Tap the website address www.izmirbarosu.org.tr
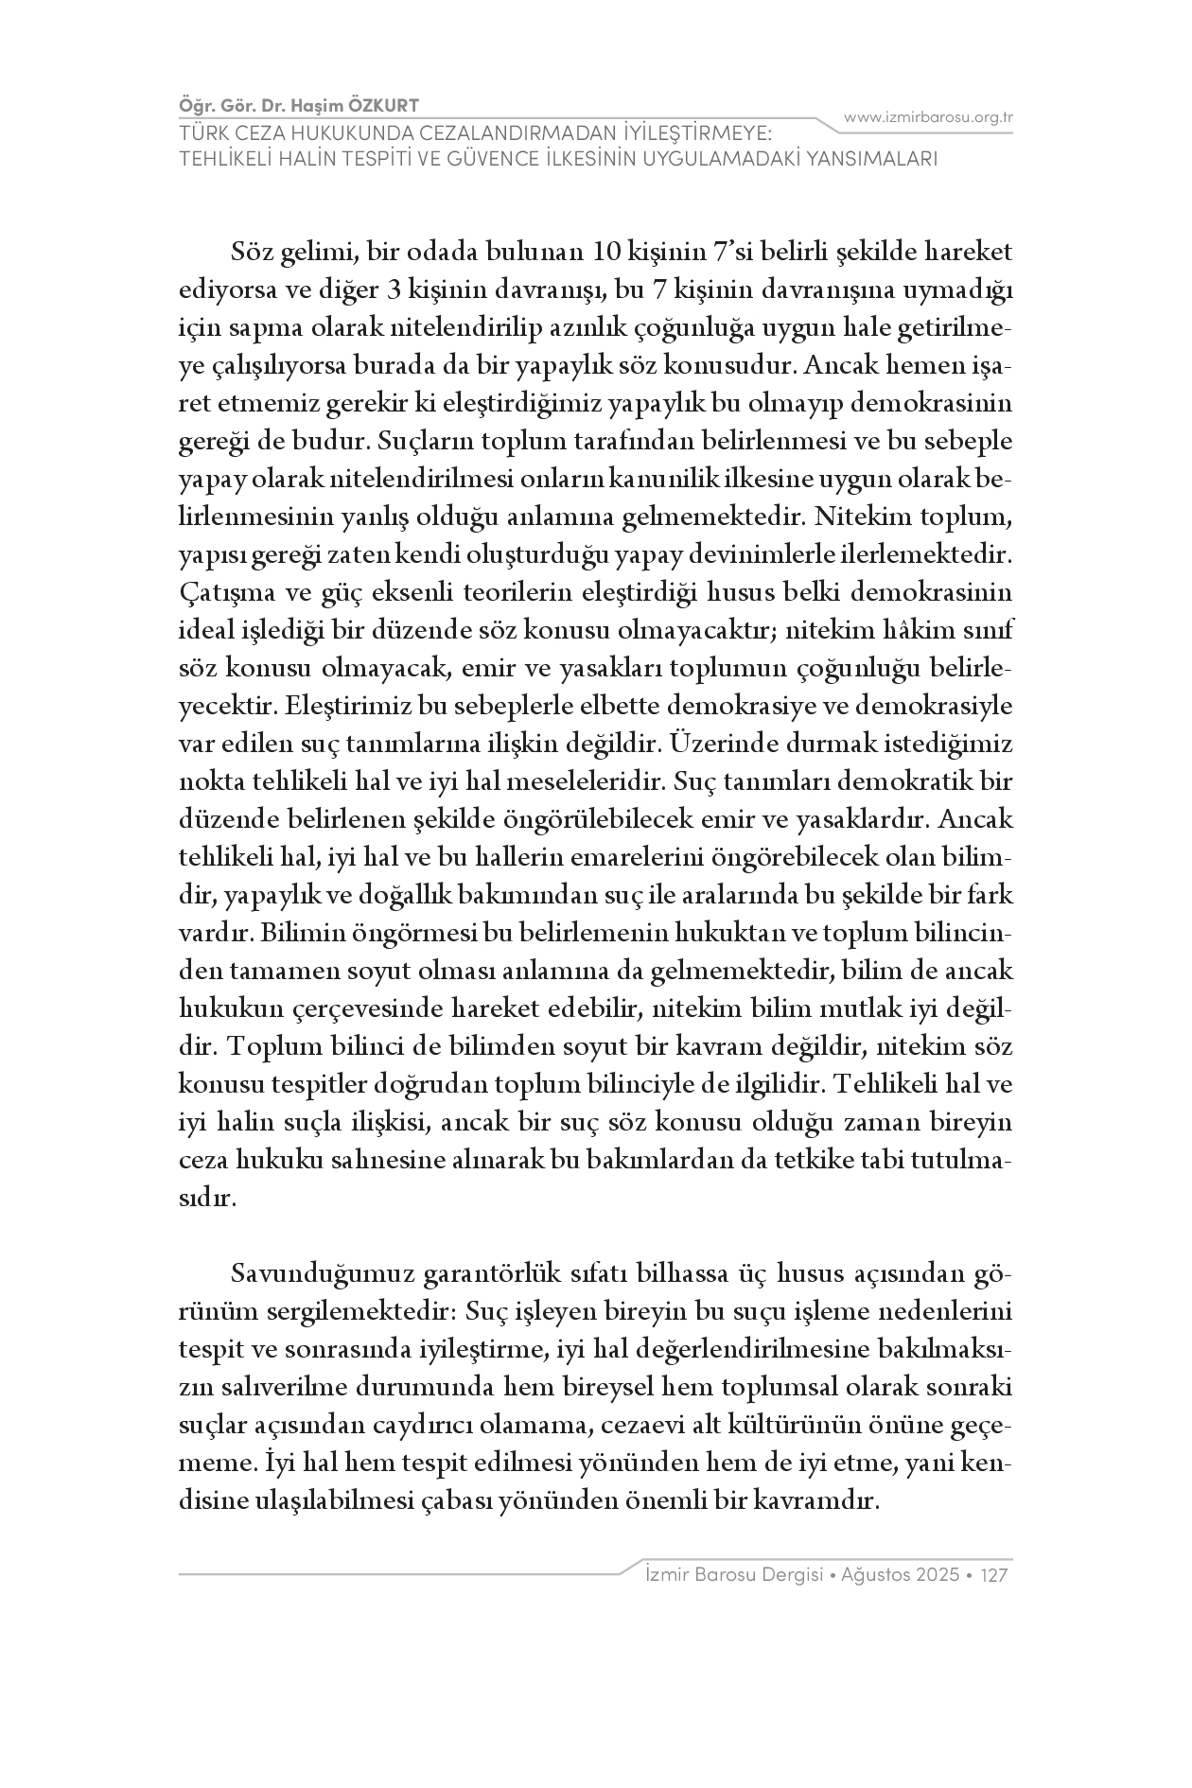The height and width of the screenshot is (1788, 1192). (x=928, y=117)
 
